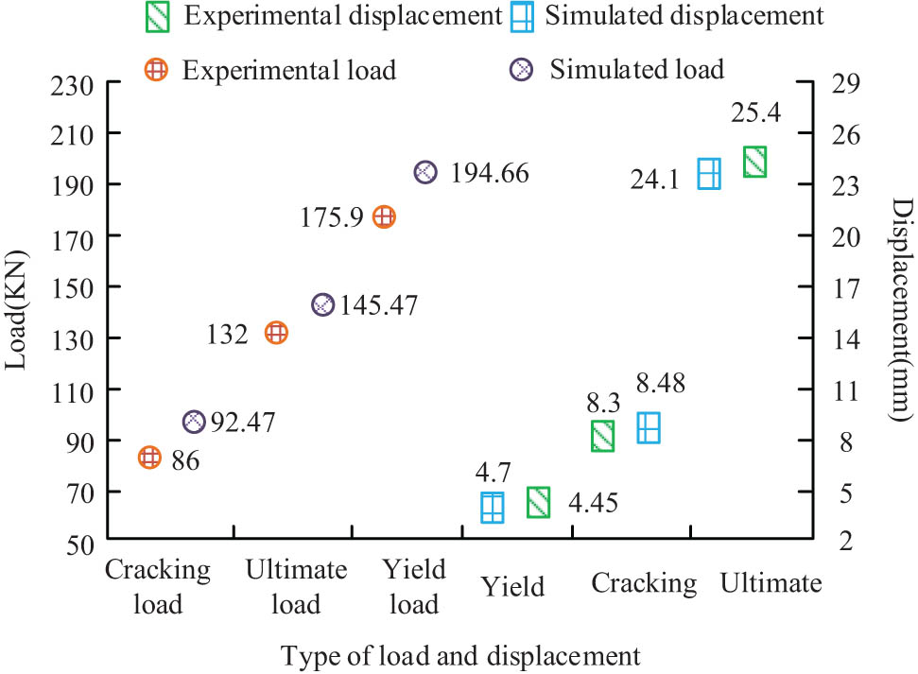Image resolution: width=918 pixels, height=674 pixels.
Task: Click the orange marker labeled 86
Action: point(149,458)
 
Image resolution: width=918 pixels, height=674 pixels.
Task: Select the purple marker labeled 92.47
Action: point(194,422)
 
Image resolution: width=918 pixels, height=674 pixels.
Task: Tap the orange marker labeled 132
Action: point(276,333)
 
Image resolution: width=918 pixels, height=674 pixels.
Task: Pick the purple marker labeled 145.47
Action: point(323,304)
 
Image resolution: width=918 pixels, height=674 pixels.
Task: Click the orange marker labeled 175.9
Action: point(384,216)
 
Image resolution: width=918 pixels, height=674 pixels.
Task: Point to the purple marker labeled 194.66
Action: point(425,172)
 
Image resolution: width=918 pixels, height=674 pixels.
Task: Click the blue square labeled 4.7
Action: point(493,508)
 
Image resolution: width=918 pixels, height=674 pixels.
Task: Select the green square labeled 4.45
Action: point(538,503)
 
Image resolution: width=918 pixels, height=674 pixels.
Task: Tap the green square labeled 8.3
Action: point(603,436)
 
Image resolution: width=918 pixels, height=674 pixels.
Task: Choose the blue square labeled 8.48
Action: point(648,428)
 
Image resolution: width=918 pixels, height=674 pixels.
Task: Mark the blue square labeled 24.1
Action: point(709,174)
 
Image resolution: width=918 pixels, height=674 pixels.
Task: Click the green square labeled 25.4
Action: point(754,162)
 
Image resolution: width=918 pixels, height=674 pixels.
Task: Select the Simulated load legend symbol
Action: point(523,69)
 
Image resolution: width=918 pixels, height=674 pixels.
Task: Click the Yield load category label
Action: point(412,586)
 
